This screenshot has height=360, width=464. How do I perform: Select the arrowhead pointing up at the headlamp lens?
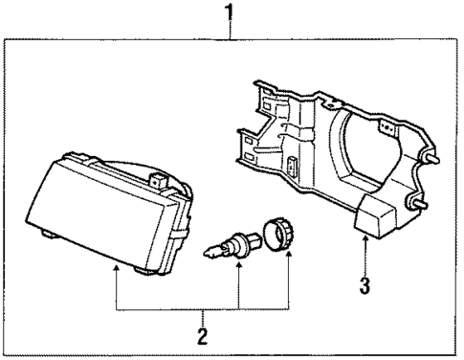click(117, 273)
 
